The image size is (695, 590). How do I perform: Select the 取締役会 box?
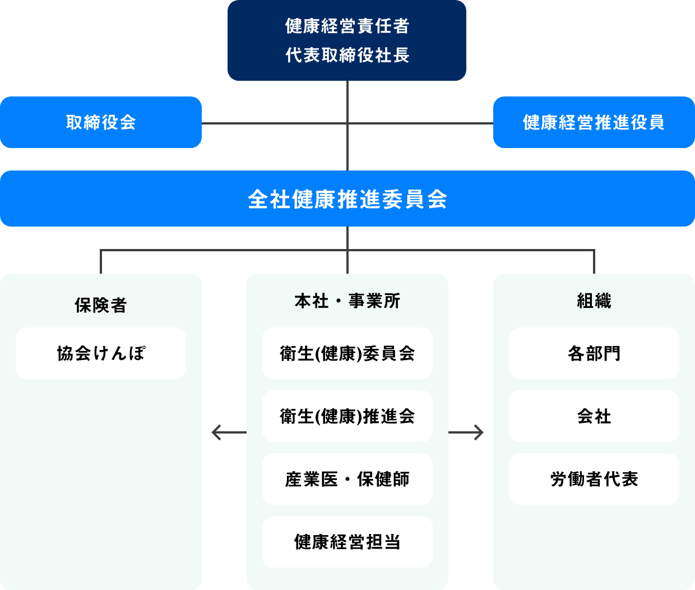tap(101, 122)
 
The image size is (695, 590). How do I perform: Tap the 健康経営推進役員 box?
tap(594, 122)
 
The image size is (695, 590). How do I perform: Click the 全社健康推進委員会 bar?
tap(347, 199)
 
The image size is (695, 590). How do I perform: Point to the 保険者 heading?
tap(101, 305)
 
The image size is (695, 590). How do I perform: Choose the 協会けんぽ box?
tap(101, 353)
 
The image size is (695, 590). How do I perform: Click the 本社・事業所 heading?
tap(347, 301)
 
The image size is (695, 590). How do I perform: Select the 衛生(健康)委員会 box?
tap(347, 353)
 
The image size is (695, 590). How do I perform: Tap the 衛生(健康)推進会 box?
tap(347, 416)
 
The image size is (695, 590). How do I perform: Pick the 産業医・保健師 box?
tap(347, 479)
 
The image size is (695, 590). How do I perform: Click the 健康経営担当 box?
tap(347, 542)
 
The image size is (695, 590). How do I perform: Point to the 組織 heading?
tap(594, 301)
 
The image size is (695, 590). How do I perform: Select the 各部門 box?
tap(594, 353)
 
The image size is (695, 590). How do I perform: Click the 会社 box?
tap(594, 416)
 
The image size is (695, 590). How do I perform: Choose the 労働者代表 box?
tap(594, 479)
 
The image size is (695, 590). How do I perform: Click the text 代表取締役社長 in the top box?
tap(347, 55)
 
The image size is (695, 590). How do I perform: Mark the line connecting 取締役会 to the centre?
tap(275, 123)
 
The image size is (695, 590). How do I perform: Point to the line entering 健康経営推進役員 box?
tap(420, 123)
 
